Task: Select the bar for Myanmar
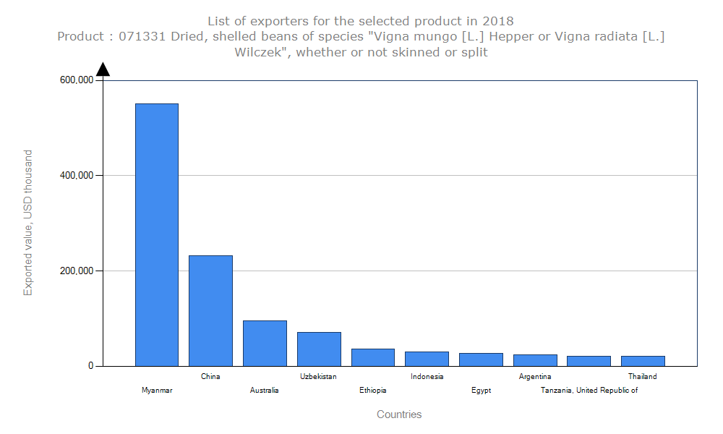157,234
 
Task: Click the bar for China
210,310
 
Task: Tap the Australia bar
265,343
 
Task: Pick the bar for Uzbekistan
319,349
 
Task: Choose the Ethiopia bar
373,357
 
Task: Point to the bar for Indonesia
427,359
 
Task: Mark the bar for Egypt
481,359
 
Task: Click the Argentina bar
535,360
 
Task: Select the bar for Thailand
643,361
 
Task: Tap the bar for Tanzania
589,361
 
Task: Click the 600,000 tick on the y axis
75,80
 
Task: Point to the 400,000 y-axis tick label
75,176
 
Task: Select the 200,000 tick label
75,271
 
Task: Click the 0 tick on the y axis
91,366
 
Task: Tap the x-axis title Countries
399,414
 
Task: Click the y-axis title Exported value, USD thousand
28,223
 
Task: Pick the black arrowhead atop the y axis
103,69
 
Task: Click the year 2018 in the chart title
500,20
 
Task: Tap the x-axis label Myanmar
157,391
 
